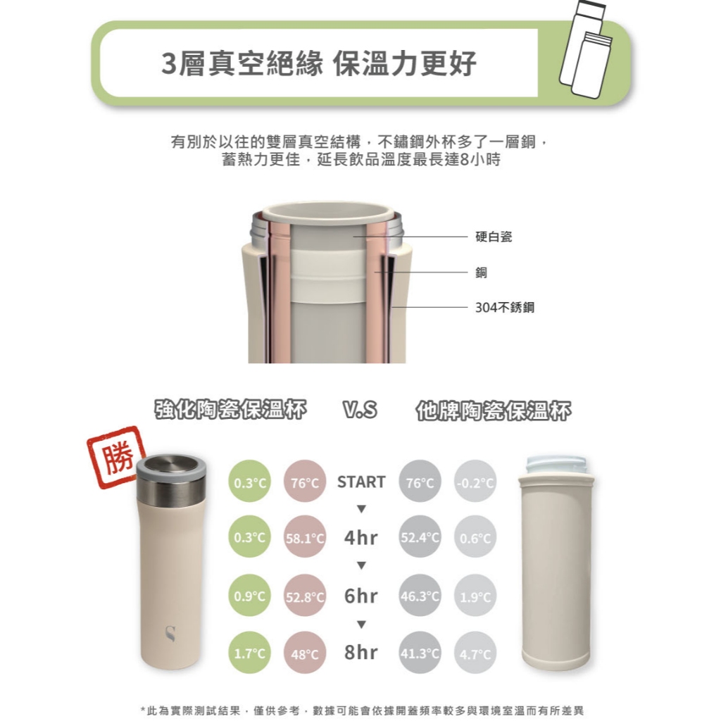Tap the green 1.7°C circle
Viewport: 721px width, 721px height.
point(250,653)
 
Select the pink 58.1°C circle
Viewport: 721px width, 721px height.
point(305,537)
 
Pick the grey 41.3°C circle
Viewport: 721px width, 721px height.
point(420,653)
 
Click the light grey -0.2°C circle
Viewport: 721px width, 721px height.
point(475,482)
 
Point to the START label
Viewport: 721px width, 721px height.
point(361,482)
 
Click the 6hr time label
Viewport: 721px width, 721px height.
point(361,596)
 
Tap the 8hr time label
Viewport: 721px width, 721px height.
point(361,652)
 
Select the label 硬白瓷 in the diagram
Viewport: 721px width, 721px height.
point(494,237)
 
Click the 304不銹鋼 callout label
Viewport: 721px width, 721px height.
point(505,307)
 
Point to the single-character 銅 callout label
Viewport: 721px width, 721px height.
point(482,272)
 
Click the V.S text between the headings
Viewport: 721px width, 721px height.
point(360,409)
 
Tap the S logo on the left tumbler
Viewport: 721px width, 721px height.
point(170,633)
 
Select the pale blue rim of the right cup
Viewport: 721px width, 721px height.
point(557,465)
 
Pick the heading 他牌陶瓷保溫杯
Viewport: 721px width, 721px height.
point(494,410)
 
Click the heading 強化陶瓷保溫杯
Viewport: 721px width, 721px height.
point(230,409)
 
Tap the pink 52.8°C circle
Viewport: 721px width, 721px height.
point(305,596)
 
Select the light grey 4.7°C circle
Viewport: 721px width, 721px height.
point(475,653)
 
